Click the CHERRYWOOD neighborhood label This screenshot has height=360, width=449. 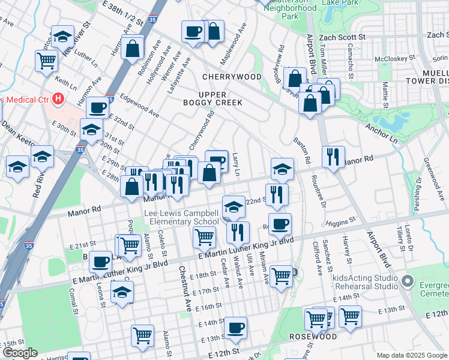(232, 77)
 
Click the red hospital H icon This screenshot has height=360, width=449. (58, 98)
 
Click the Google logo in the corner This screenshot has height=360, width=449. (20, 353)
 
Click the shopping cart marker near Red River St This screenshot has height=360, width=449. (46, 60)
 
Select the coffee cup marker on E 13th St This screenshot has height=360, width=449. (235, 328)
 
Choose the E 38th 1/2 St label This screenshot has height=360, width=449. (124, 12)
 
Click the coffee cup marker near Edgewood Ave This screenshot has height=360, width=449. (97, 108)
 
